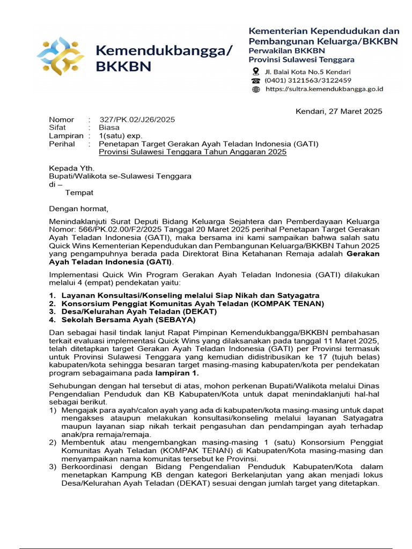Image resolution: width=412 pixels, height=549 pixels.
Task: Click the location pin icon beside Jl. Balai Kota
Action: [255, 72]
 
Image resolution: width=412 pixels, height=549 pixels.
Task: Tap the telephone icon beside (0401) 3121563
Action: [255, 80]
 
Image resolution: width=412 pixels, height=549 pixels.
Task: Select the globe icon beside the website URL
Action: [255, 89]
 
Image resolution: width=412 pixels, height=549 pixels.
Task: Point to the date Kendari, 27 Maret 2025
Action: [339, 111]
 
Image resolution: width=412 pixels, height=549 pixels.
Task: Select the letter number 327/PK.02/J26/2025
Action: [137, 120]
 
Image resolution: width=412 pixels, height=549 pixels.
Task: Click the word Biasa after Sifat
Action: [109, 128]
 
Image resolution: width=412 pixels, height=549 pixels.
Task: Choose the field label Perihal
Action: [62, 144]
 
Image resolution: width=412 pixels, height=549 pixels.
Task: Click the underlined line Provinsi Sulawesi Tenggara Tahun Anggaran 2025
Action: [193, 152]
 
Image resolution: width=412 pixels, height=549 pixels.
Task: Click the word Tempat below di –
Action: [79, 192]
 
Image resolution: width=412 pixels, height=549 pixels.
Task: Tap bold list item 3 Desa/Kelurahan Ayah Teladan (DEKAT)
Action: [139, 311]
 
